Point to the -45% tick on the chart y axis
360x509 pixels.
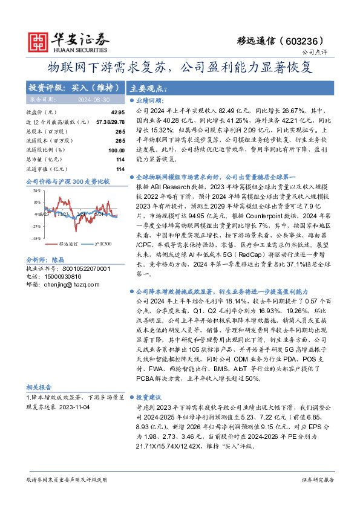coord(36,239)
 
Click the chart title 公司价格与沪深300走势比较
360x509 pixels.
coord(68,181)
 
